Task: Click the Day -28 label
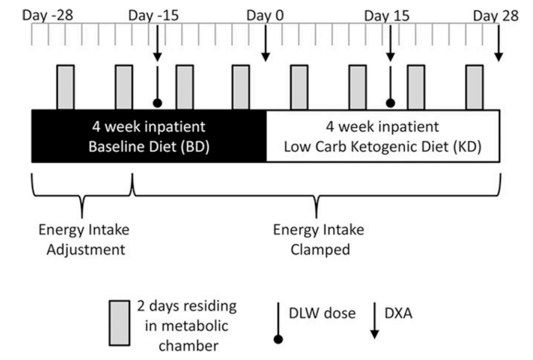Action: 47,16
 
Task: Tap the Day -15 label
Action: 154,16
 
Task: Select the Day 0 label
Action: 265,16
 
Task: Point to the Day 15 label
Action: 387,16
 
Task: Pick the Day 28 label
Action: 496,16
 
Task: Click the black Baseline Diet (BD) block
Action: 149,136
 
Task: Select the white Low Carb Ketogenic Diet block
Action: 383,136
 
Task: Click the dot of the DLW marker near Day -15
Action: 157,103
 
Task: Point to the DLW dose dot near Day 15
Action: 390,103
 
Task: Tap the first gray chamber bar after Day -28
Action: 66,88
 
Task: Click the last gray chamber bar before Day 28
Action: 475,88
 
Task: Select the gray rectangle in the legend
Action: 119,323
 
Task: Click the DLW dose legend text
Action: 322,314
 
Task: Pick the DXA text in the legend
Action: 398,314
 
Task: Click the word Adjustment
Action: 86,250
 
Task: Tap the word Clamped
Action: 320,250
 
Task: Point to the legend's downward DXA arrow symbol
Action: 375,320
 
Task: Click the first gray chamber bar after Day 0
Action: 299,88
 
